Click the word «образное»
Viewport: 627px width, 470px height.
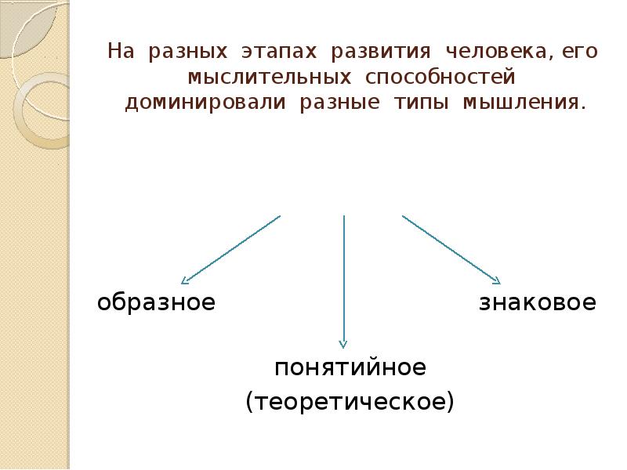[x=156, y=303]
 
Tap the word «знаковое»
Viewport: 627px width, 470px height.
[x=538, y=303]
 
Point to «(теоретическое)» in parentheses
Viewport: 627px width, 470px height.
[x=350, y=402]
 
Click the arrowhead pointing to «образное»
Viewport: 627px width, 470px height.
[x=185, y=280]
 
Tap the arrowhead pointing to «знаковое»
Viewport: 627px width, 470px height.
[x=495, y=280]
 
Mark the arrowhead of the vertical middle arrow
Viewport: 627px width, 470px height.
[x=342, y=342]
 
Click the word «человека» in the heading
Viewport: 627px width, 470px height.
[x=486, y=52]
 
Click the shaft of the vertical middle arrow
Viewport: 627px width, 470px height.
[x=343, y=274]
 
